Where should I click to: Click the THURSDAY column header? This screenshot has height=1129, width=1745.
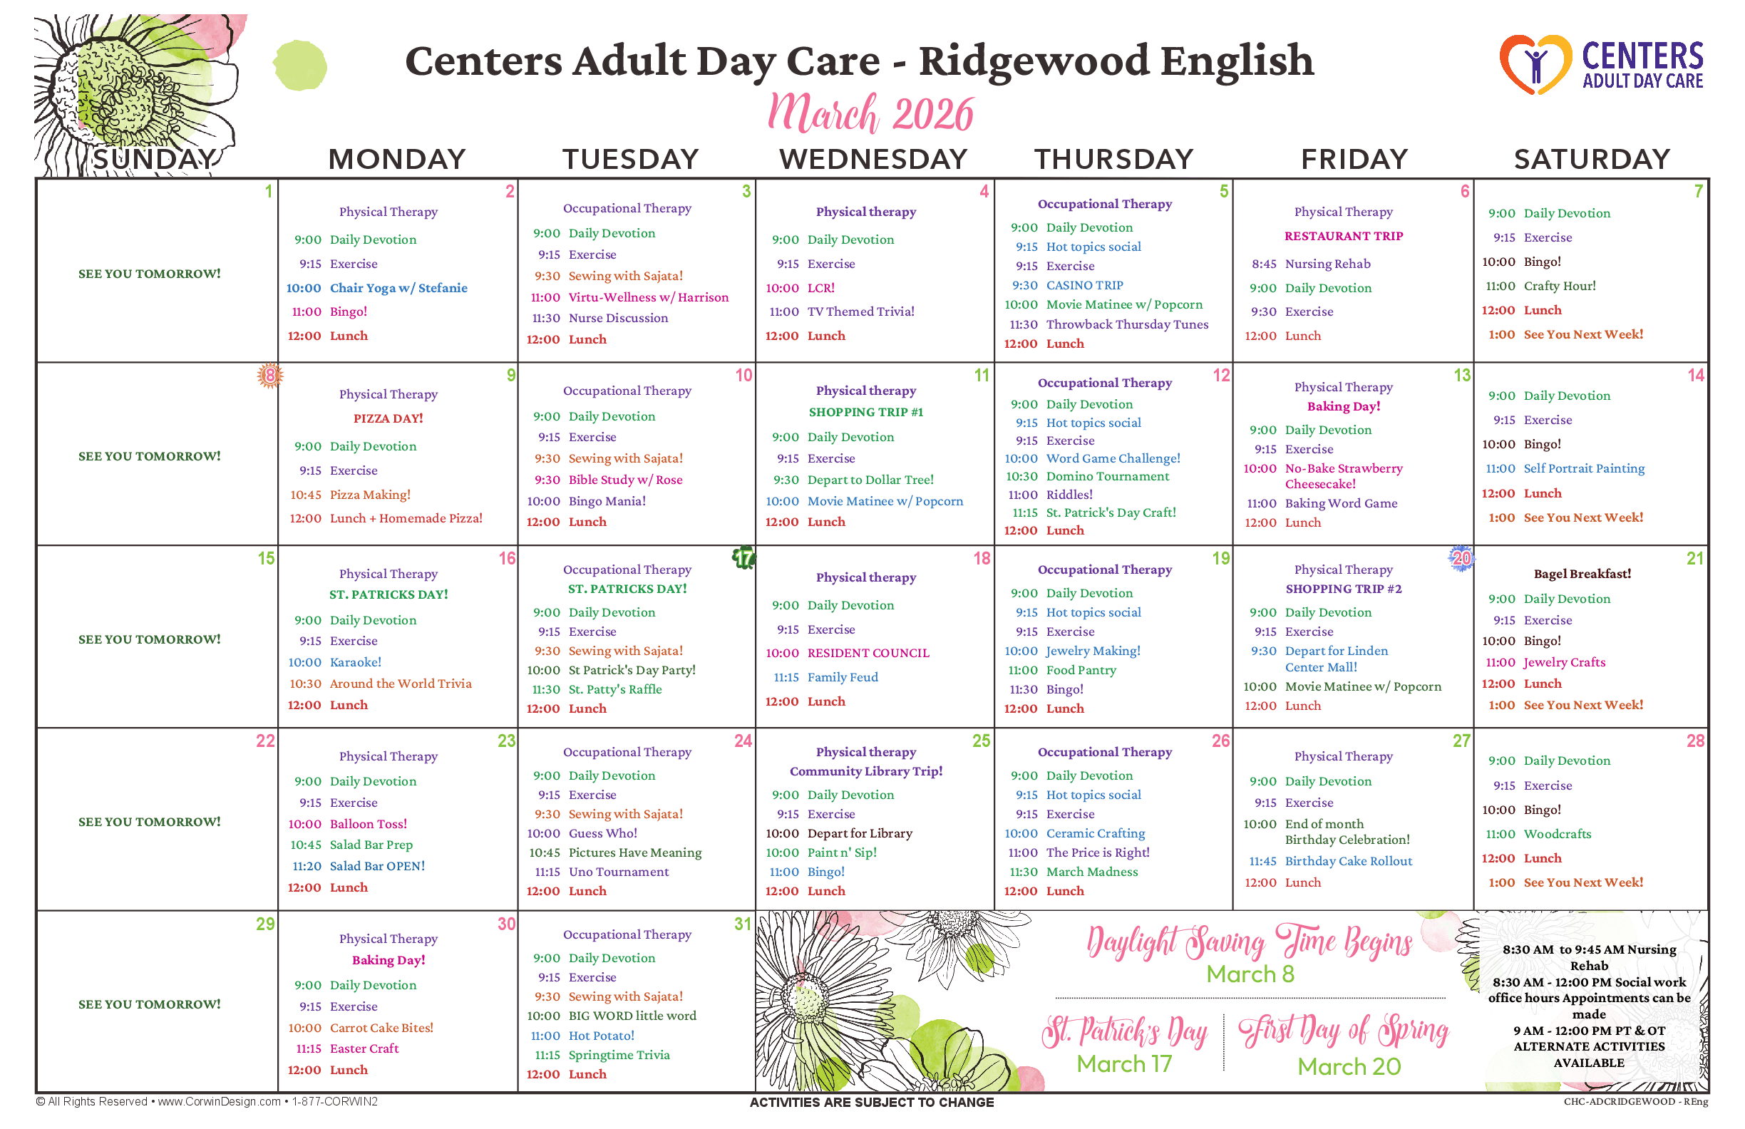coord(1113,159)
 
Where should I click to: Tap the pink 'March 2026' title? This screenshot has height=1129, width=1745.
coord(870,113)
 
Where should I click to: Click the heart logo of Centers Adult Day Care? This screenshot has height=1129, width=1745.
coord(1535,65)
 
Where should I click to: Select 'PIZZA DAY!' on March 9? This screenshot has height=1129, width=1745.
coord(388,418)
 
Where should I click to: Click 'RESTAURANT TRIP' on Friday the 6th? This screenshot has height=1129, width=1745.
coord(1343,236)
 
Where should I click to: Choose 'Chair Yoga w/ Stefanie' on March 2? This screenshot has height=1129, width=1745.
coord(398,288)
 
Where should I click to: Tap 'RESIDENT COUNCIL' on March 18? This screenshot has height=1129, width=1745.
coord(868,653)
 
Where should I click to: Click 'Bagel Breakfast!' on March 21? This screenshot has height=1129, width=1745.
coord(1582,574)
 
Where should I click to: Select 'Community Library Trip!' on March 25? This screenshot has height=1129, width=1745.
coord(866,771)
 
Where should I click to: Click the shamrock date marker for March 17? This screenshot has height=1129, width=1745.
coord(743,558)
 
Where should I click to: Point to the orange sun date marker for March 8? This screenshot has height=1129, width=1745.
coord(269,376)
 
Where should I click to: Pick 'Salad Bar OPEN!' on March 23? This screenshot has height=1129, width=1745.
coord(377,866)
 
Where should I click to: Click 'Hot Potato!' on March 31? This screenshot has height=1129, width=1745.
coord(601,1036)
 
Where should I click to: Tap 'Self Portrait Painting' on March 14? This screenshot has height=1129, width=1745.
coord(1584,468)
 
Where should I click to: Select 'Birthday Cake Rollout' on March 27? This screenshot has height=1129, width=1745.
coord(1349,862)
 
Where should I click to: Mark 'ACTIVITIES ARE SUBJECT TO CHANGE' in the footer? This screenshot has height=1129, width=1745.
coord(872,1103)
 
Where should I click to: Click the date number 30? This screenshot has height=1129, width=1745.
coord(507,924)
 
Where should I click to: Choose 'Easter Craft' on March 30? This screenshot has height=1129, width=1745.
coord(364,1049)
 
